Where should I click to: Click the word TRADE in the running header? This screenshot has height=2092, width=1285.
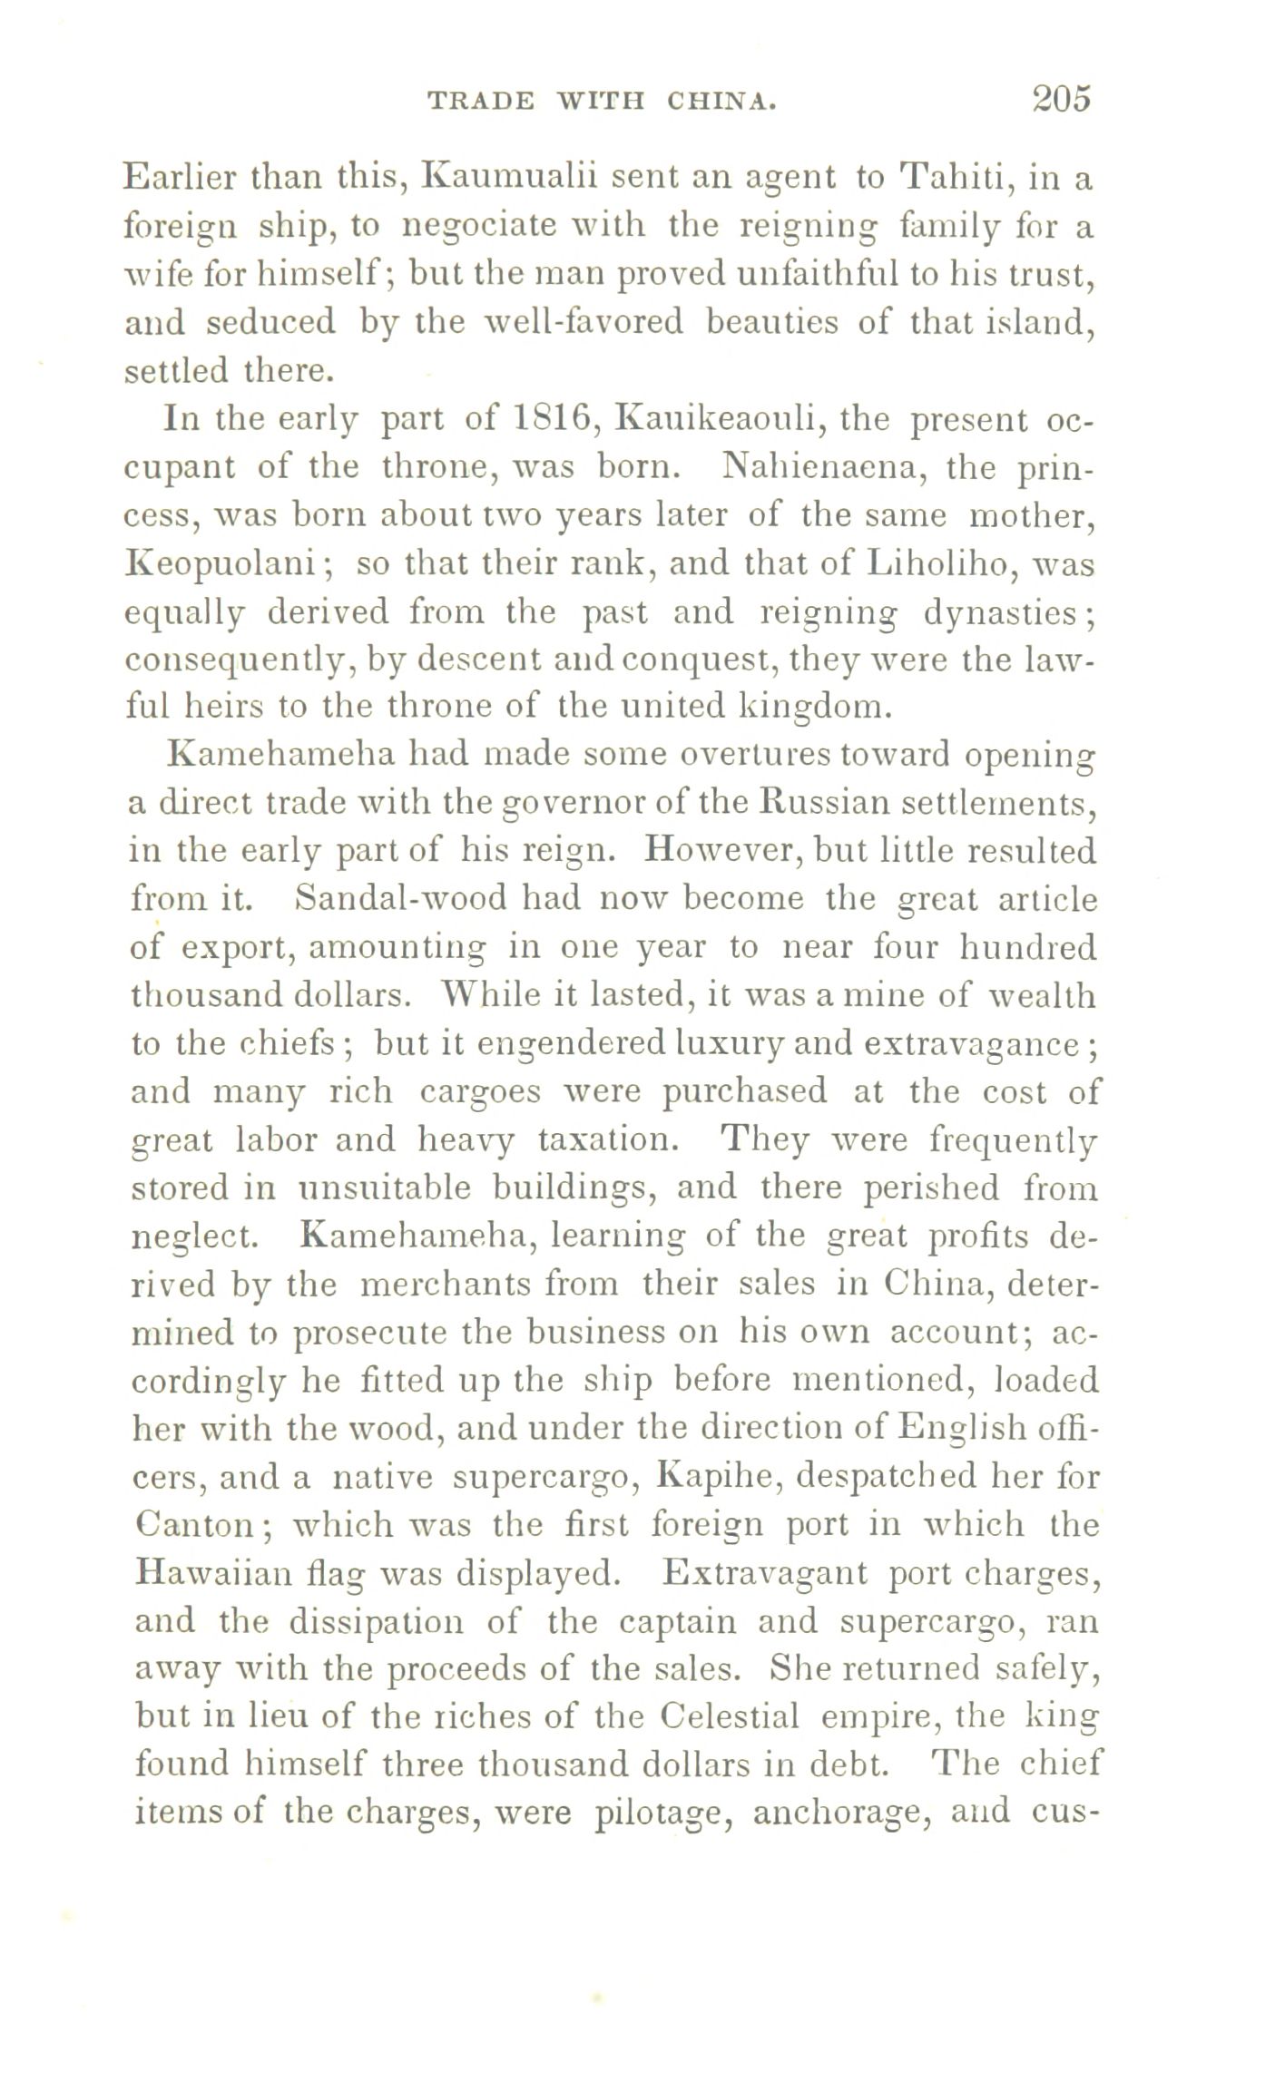tap(479, 101)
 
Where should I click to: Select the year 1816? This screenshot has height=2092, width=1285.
tap(553, 420)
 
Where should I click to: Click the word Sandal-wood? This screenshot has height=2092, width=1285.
tap(403, 899)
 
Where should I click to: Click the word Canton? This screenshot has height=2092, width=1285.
tap(196, 1525)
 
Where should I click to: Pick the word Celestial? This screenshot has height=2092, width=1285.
tap(731, 1716)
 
